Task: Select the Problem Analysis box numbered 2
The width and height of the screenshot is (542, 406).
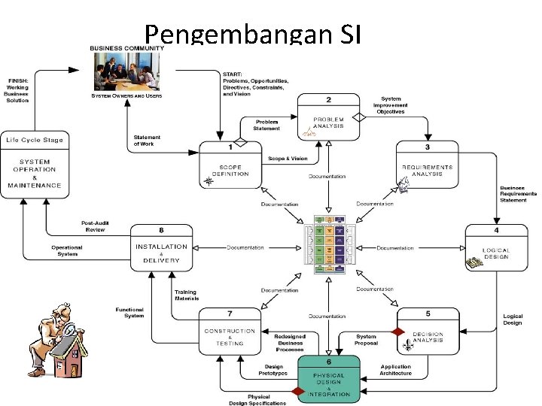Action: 328,118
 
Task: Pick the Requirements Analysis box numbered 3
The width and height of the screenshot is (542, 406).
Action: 427,167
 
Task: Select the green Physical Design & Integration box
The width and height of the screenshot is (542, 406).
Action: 328,379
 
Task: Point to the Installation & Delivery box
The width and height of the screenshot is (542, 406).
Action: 161,250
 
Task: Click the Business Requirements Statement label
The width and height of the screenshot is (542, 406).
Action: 518,194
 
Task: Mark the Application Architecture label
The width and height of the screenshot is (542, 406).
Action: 396,370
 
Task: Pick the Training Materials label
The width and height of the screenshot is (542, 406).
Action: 186,294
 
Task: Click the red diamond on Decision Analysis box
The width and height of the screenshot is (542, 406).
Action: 398,331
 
